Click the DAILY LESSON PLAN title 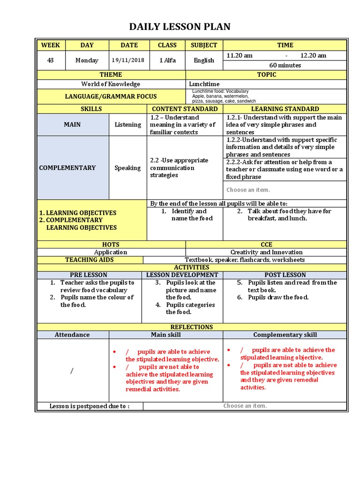coord(180,27)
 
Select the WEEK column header coord(51,45)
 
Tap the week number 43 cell coord(51,60)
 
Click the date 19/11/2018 coord(128,60)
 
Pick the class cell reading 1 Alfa coord(167,60)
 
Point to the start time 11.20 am coord(240,55)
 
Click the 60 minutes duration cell coord(285,65)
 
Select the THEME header coord(111,75)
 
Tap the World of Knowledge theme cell coord(111,84)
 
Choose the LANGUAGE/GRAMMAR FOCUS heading coord(111,96)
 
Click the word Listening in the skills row coord(127,125)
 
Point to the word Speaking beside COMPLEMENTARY coord(127,168)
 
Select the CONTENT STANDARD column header coord(185,109)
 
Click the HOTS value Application coord(111,252)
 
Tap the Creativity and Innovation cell coord(266,252)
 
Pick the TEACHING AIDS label coord(90,260)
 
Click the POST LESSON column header coord(285,275)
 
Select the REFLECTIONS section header coord(192,327)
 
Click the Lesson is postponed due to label coord(90,406)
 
